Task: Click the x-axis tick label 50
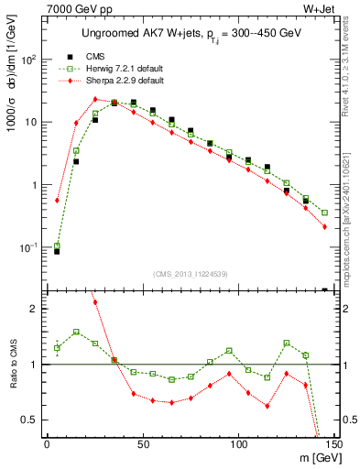coord(142,443)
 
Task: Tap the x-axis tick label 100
coord(238,443)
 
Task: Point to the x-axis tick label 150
coord(333,443)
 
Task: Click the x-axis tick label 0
coord(47,443)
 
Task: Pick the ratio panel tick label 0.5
coord(28,420)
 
